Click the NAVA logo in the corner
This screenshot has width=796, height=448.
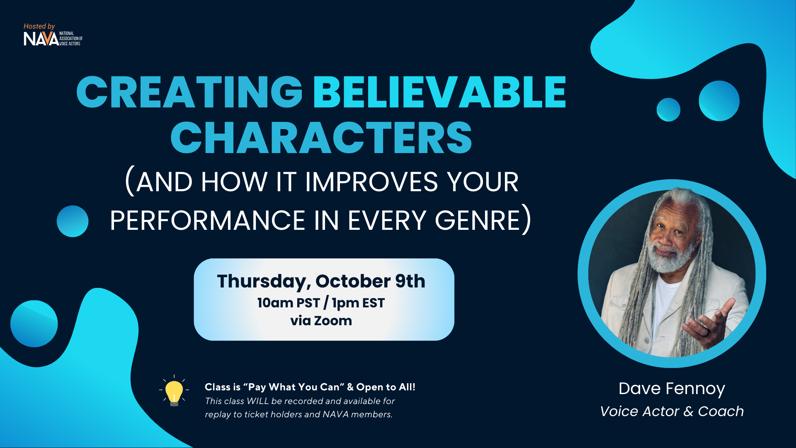click(x=53, y=39)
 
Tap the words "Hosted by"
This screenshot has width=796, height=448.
click(x=39, y=26)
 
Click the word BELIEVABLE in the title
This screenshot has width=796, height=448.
click(x=440, y=92)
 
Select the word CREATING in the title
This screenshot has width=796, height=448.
click(x=189, y=92)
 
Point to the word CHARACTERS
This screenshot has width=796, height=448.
click(x=321, y=138)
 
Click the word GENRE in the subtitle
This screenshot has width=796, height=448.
click(x=478, y=220)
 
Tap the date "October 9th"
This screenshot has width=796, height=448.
click(x=370, y=281)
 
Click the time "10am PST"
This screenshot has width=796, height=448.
click(x=289, y=303)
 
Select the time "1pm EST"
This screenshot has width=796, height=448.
click(x=358, y=303)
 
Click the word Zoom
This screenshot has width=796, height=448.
click(x=333, y=321)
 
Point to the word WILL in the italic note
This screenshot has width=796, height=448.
click(x=257, y=401)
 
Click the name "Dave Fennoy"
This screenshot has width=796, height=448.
click(x=672, y=389)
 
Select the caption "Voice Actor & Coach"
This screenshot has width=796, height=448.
click(x=672, y=411)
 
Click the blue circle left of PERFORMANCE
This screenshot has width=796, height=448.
click(x=73, y=221)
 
